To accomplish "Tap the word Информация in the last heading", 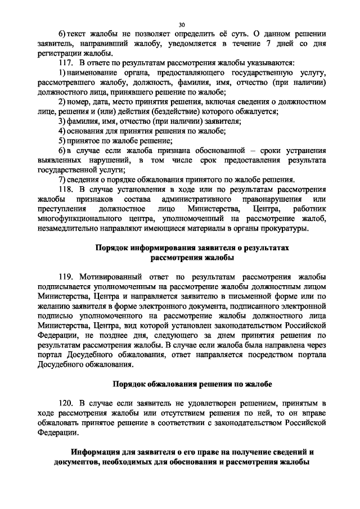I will click(99, 452).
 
